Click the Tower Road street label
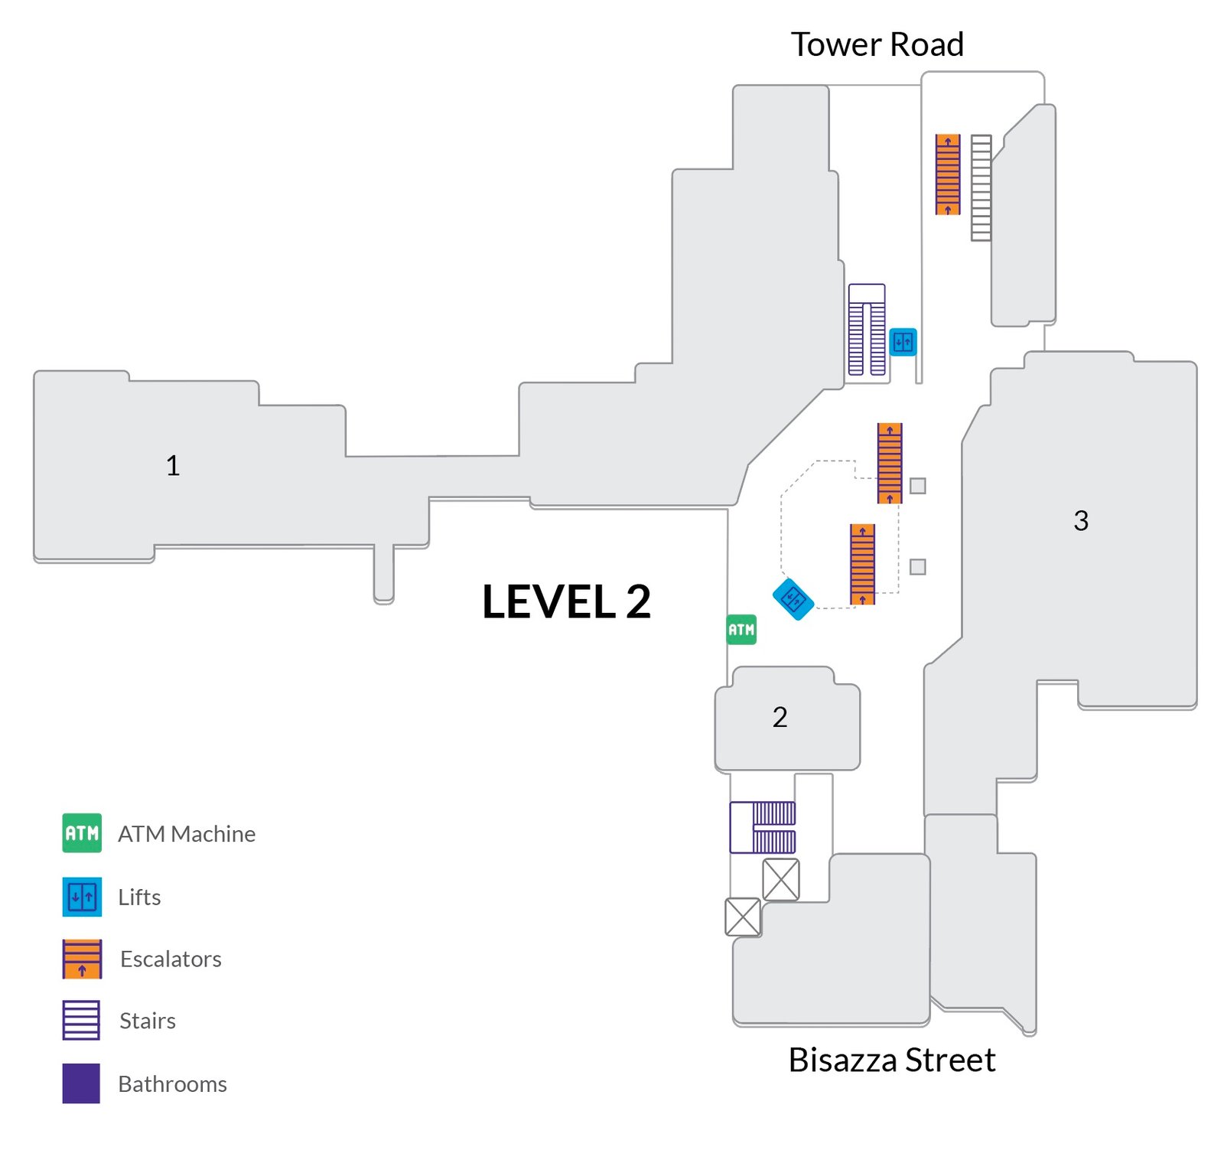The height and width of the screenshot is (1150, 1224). (x=877, y=44)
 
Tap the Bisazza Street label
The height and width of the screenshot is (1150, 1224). (x=891, y=1060)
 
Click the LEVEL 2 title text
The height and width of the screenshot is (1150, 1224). (x=566, y=601)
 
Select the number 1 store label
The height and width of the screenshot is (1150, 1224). (x=173, y=465)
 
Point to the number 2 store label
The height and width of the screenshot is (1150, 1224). (x=780, y=717)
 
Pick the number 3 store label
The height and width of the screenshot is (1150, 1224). (x=1080, y=520)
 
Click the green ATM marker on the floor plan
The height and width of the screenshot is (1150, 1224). (x=741, y=630)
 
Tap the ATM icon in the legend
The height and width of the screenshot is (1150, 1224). (x=82, y=833)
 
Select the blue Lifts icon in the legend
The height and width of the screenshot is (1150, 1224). (x=82, y=897)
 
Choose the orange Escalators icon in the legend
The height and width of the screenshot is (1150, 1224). (x=82, y=959)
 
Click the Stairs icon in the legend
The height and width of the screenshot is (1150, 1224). (x=81, y=1020)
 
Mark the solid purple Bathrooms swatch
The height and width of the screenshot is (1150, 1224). (x=81, y=1083)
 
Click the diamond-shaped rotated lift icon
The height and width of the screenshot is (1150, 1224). (x=793, y=598)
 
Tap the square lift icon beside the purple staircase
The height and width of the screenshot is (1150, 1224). (x=903, y=342)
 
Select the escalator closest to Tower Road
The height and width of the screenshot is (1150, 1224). (x=948, y=174)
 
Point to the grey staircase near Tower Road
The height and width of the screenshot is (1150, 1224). (x=981, y=188)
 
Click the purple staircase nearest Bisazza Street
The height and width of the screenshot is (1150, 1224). (x=763, y=827)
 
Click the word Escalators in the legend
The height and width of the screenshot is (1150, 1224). (x=171, y=959)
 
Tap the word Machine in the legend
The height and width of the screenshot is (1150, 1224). (x=213, y=834)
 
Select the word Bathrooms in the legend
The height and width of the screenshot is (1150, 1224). (x=172, y=1084)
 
